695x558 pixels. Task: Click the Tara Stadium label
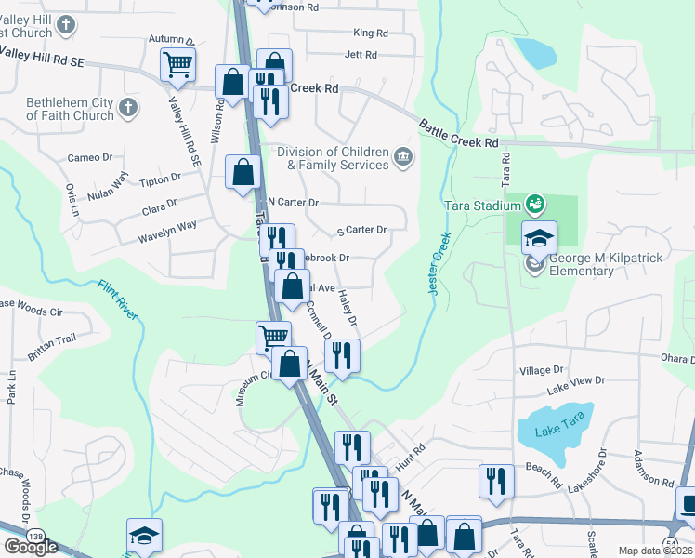(474, 203)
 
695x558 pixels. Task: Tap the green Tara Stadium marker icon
(534, 203)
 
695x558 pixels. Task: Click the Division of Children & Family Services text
(332, 158)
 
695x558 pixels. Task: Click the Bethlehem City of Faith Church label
(70, 109)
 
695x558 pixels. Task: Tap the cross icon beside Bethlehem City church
(128, 109)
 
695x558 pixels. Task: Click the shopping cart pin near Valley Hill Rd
(177, 65)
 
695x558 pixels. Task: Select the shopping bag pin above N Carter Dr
(243, 172)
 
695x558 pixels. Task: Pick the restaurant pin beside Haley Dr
(341, 356)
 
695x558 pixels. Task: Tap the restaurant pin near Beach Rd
(496, 481)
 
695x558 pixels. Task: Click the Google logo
(31, 547)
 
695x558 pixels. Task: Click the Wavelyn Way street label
(167, 225)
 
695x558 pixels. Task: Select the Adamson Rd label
(652, 469)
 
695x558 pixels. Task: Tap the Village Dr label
(535, 370)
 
